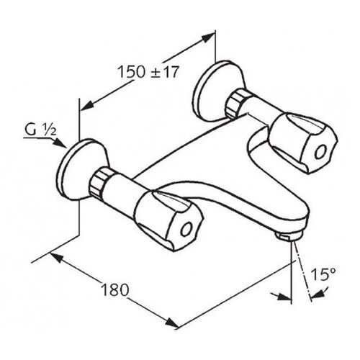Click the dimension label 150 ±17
click(148, 71)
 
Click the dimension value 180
click(115, 289)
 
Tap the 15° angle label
click(323, 274)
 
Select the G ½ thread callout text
click(40, 130)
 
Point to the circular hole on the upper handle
click(320, 152)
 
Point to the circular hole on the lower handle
click(186, 230)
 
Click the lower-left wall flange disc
click(81, 169)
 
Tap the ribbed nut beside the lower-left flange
click(99, 181)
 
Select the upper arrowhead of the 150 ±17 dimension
click(207, 38)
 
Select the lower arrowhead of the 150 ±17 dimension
click(87, 105)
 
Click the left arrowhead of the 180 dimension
click(57, 258)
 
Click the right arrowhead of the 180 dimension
click(172, 323)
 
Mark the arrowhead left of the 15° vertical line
click(284, 297)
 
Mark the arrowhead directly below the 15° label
click(318, 294)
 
